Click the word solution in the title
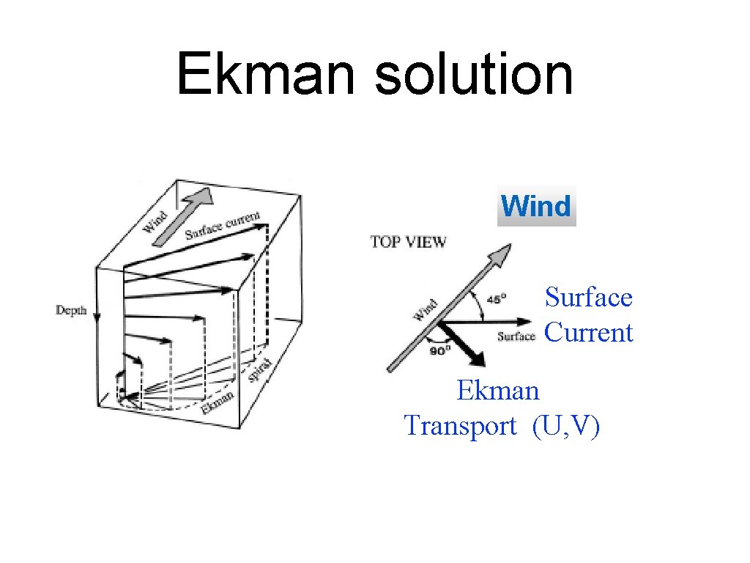click(474, 74)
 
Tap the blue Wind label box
click(537, 206)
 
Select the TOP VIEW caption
click(408, 241)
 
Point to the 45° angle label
click(498, 299)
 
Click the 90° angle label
click(439, 350)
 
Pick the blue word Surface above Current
click(588, 298)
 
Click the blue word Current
click(588, 332)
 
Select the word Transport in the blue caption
click(460, 425)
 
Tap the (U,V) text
click(566, 425)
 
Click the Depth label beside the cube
click(72, 310)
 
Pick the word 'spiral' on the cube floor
click(260, 369)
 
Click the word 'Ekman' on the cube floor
click(218, 402)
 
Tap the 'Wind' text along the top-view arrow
click(426, 309)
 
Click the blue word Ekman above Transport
click(497, 390)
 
